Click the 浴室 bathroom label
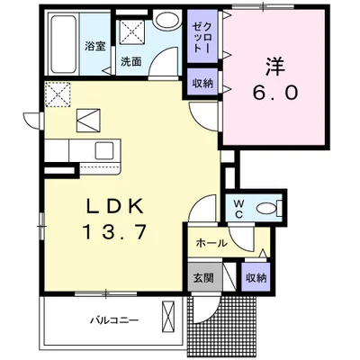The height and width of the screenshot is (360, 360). (x=94, y=47)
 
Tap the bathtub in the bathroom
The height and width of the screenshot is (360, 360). (x=63, y=44)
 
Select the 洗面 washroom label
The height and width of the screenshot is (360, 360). (x=131, y=61)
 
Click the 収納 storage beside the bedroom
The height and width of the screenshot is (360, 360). (x=203, y=83)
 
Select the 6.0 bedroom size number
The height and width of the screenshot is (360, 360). (x=274, y=93)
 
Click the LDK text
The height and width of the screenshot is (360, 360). (x=114, y=206)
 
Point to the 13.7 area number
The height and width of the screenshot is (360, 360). (x=116, y=232)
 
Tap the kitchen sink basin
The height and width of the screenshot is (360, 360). (x=104, y=150)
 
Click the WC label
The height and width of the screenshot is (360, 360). (x=239, y=209)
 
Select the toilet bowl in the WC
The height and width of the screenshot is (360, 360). (x=268, y=208)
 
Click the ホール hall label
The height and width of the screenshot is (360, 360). (x=211, y=243)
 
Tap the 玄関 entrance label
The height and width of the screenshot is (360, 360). (x=203, y=278)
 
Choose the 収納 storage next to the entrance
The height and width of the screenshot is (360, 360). (x=256, y=278)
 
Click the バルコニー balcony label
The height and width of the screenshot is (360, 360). (x=115, y=320)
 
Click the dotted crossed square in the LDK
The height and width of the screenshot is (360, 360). (x=58, y=94)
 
